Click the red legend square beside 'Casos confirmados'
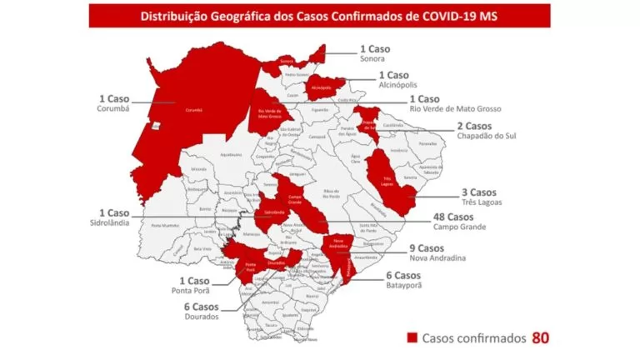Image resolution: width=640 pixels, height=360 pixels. [412, 338]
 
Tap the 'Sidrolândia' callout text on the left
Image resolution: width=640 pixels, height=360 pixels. [117, 225]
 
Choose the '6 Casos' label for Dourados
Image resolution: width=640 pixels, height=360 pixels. [200, 307]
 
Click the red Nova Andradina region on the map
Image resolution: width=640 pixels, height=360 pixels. [337, 247]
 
